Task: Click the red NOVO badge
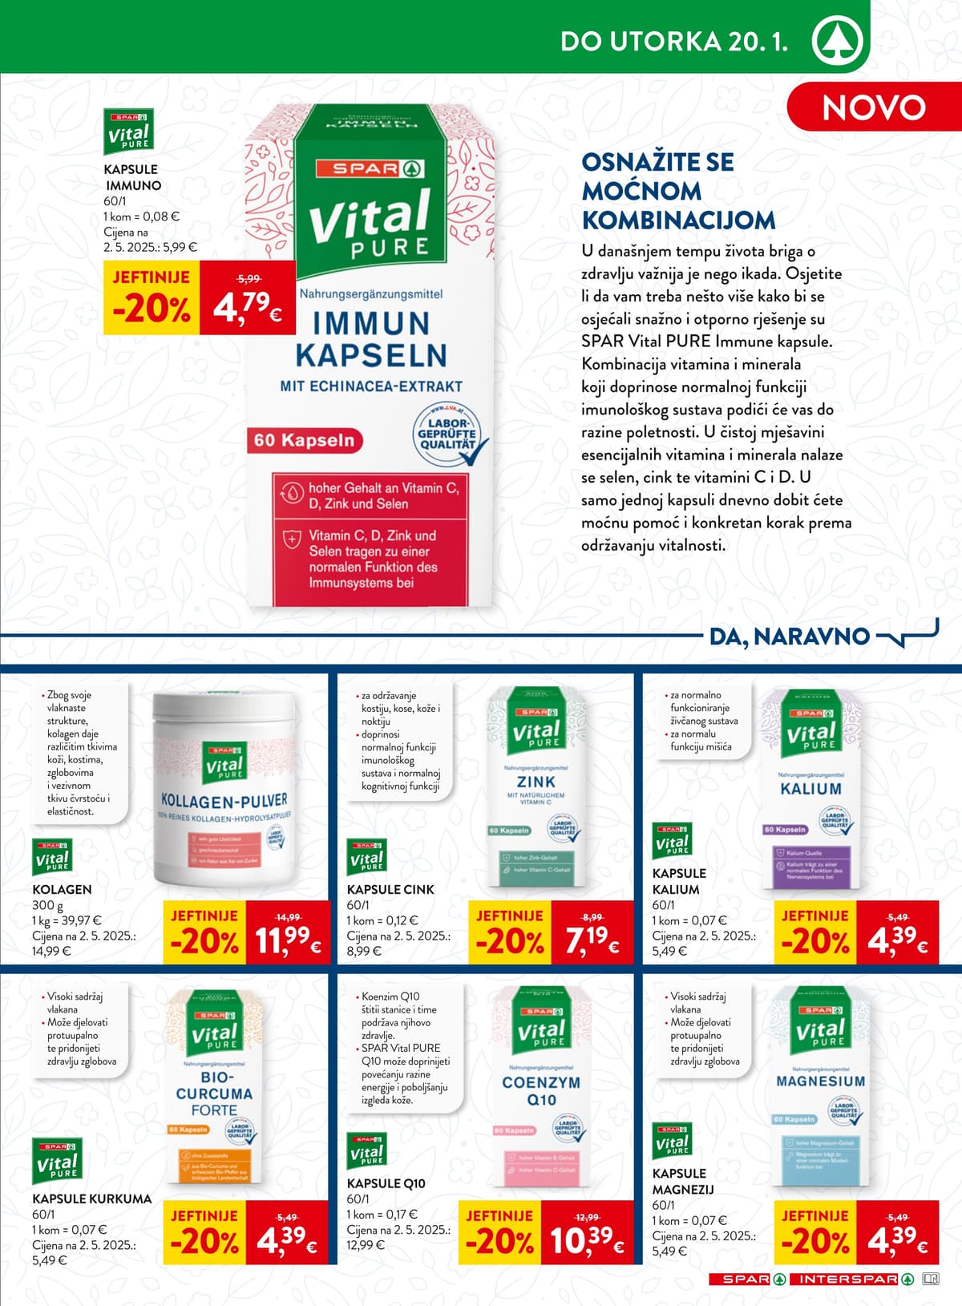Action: tap(874, 107)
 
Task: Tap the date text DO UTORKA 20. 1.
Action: tap(673, 42)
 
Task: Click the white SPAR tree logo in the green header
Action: tap(837, 41)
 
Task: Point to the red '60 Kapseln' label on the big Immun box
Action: tap(304, 440)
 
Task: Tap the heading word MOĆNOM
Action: tap(641, 191)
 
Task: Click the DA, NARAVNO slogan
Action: tap(790, 637)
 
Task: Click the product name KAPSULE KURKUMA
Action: tap(91, 1199)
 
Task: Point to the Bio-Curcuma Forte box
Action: tap(214, 1086)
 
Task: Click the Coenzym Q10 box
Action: tap(542, 1086)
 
